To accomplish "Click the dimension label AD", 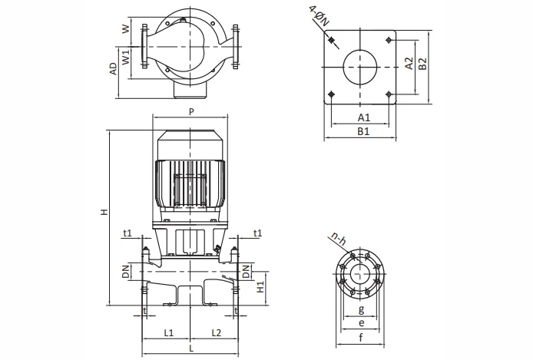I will [113, 69].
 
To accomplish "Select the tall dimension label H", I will [104, 212].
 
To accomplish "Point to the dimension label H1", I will [261, 286].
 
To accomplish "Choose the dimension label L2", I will [216, 332].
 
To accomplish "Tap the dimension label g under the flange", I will [361, 309].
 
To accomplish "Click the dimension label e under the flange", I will [361, 323].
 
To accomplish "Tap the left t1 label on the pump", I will [127, 233].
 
